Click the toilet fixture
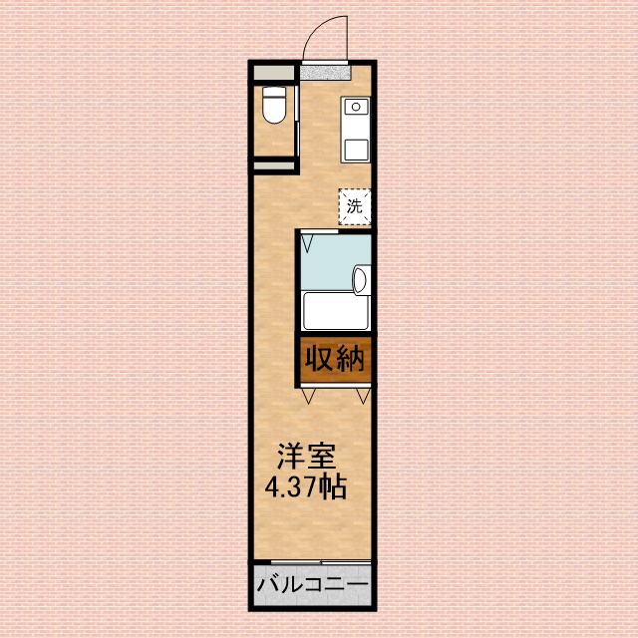pos(273,106)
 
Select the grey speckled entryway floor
pos(326,71)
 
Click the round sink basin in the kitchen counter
pos(356,106)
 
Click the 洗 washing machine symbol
pos(354,206)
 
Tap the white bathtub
pos(336,311)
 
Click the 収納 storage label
pos(336,358)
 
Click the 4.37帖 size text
pos(305,489)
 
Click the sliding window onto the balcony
pos(313,561)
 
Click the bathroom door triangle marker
pos(309,240)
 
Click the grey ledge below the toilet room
pos(273,165)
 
